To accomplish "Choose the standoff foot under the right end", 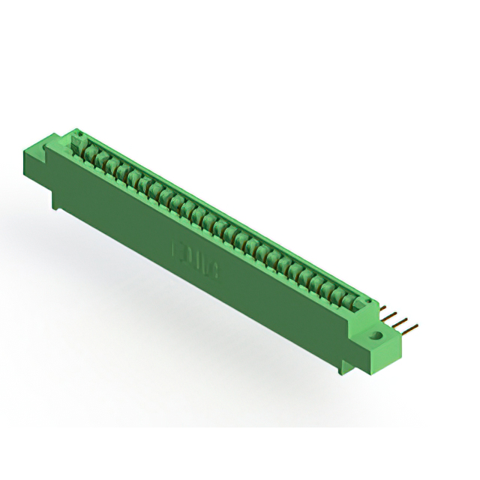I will click(x=346, y=365).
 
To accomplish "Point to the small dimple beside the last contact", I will click(x=367, y=300).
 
